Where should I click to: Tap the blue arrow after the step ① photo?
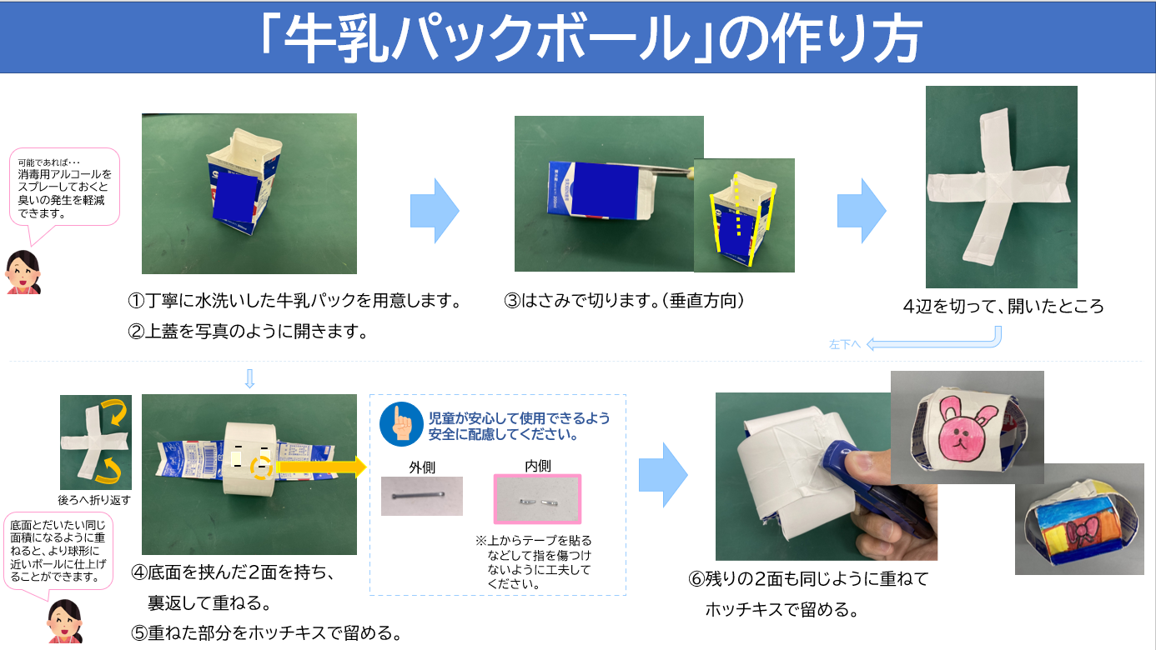(x=435, y=211)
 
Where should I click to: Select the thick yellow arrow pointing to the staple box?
(x=322, y=467)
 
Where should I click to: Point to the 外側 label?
(x=422, y=467)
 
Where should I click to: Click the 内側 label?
(x=537, y=466)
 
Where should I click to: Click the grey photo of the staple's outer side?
(x=422, y=496)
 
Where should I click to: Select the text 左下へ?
(x=844, y=343)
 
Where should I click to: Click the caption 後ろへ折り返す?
(x=95, y=500)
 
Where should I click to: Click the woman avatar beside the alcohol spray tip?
(x=23, y=271)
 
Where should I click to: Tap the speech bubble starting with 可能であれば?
(x=65, y=187)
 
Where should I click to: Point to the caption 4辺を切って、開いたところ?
(x=1003, y=306)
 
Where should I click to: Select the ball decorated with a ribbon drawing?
(x=1079, y=522)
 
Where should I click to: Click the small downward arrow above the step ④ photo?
(x=249, y=380)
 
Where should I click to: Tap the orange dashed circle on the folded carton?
(x=262, y=467)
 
